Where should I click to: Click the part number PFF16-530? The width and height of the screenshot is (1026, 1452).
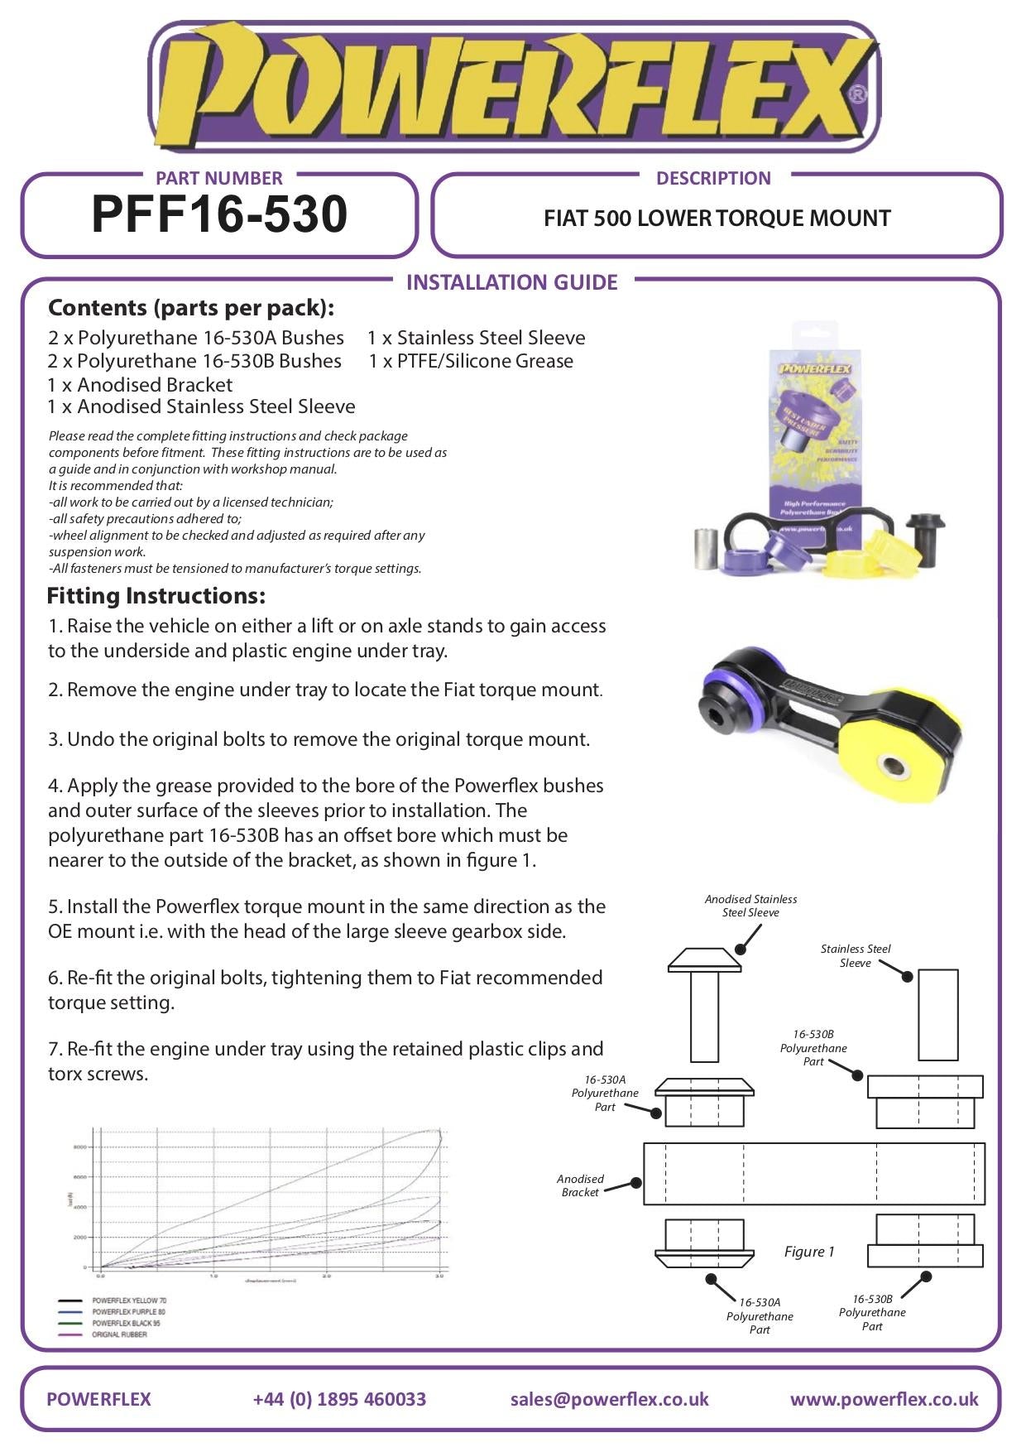point(219,214)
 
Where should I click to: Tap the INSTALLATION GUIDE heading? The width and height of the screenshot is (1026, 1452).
point(511,282)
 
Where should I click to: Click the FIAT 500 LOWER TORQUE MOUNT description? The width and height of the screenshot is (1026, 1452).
point(717,219)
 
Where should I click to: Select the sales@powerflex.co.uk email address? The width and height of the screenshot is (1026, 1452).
point(609,1399)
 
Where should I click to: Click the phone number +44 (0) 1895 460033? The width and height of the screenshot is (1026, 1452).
point(339,1399)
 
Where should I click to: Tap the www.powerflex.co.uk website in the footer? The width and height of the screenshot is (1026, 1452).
point(884,1399)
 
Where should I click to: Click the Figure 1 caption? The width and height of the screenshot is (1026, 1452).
point(809,1252)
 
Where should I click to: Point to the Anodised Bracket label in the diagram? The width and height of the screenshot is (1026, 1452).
point(580,1185)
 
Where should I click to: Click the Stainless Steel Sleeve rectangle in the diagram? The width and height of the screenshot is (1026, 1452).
point(938,1014)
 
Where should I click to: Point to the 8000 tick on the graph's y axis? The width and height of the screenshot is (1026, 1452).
point(80,1147)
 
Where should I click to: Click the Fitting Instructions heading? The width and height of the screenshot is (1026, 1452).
point(156,595)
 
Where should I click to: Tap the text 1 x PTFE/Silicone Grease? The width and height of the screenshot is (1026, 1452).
point(471,361)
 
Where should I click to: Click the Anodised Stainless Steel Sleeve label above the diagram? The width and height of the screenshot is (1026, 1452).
point(750,906)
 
